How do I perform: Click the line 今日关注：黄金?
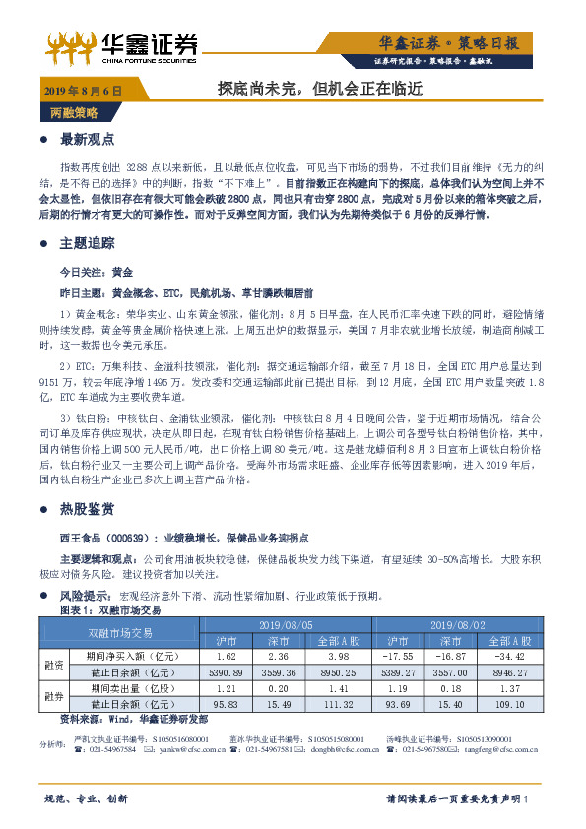coord(97,269)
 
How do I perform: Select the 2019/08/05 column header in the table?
coord(286,625)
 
